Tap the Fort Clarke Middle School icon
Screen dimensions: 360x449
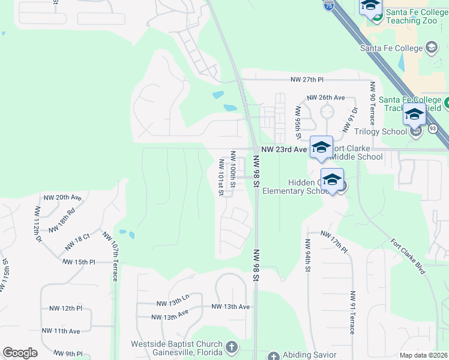pos(321,148)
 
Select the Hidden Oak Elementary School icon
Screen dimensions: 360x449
pos(332,179)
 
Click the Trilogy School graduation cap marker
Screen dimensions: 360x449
pos(415,114)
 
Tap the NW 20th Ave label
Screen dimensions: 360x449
pos(62,197)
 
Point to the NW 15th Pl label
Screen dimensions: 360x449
pos(78,262)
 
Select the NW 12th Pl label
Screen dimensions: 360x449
pos(66,308)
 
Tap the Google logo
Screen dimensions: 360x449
pos(20,353)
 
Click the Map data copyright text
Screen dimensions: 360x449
pos(423,355)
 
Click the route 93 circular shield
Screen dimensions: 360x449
pos(433,128)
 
